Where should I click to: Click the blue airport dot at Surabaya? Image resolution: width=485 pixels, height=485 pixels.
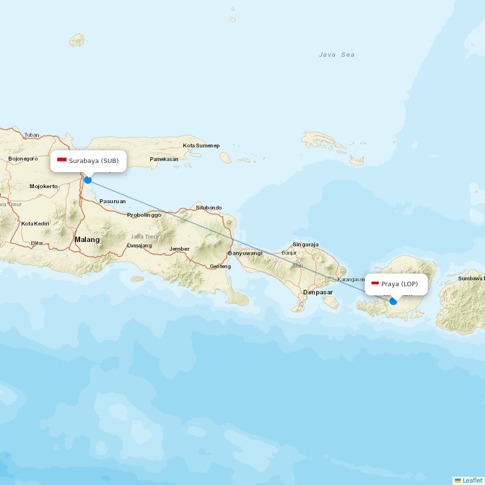click(88, 180)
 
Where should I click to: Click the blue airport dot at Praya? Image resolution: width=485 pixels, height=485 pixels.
click(393, 301)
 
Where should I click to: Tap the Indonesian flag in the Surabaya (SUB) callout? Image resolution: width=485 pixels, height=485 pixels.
click(62, 160)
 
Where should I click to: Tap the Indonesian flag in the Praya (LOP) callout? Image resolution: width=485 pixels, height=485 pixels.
click(375, 283)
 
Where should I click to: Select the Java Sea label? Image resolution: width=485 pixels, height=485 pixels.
click(337, 55)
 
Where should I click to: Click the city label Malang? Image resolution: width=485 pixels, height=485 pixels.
click(87, 240)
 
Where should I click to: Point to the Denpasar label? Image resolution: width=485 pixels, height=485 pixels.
click(318, 292)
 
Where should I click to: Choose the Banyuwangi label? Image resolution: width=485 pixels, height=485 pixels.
click(245, 253)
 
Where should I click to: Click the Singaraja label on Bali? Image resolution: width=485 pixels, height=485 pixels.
click(306, 244)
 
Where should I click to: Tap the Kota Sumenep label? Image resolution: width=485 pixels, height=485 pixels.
click(201, 145)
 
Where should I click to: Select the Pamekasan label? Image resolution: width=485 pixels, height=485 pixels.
click(164, 159)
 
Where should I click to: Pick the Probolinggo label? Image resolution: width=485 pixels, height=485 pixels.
click(144, 215)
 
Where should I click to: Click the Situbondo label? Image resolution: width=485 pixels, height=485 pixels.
click(209, 208)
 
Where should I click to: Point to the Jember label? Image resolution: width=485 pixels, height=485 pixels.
click(179, 249)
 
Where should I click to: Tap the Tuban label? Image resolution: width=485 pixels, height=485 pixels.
click(32, 135)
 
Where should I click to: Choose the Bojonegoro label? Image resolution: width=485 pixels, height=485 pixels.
click(23, 159)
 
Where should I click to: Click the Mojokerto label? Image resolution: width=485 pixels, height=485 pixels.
click(44, 186)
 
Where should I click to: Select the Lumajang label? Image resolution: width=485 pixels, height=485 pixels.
click(139, 245)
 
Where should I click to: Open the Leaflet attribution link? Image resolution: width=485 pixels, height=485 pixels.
click(472, 480)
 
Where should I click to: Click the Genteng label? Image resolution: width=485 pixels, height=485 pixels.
click(220, 266)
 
